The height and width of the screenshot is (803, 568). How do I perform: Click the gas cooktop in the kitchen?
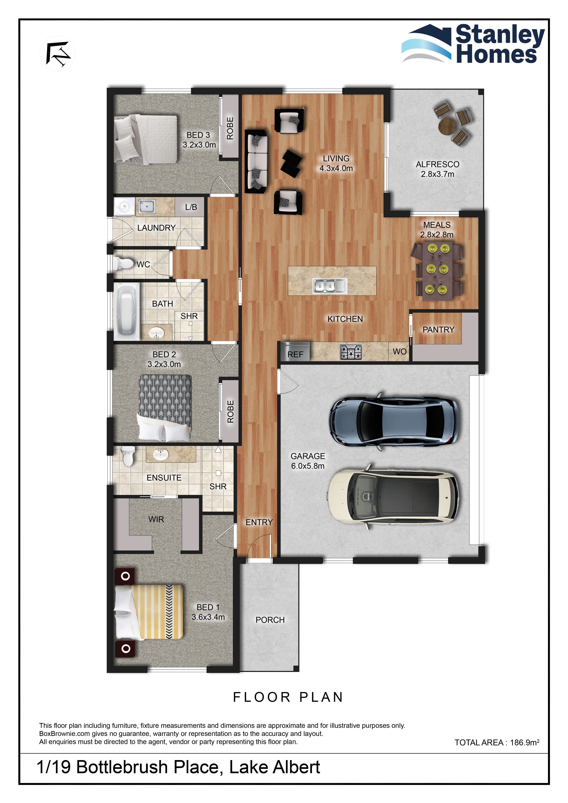(x=351, y=352)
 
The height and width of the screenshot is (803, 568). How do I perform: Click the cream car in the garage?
(x=393, y=496)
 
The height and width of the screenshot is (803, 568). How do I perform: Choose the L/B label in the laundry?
(x=191, y=207)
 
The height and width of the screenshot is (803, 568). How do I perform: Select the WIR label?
(x=156, y=519)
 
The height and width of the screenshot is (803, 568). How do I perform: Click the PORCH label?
(x=270, y=620)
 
